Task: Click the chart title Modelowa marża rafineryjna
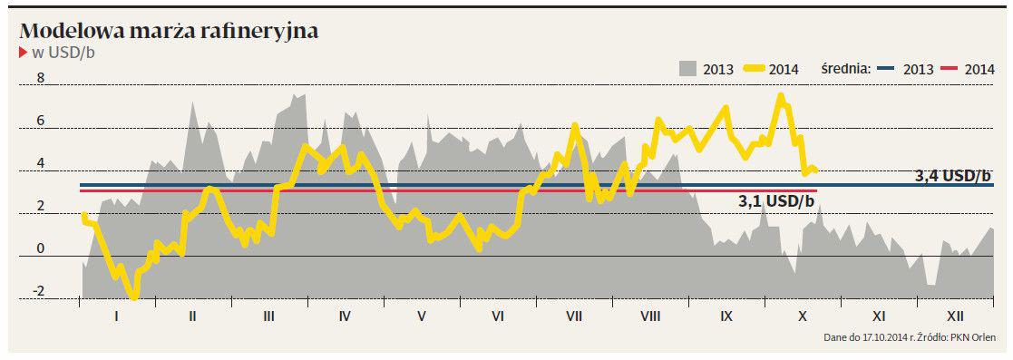(170, 31)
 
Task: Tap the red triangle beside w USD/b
(24, 53)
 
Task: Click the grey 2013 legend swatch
(688, 69)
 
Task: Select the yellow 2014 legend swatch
(754, 69)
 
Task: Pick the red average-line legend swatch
(949, 69)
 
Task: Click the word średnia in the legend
(846, 69)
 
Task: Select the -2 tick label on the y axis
(38, 291)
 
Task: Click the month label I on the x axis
(116, 316)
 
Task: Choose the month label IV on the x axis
(345, 316)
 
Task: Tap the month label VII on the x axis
(574, 316)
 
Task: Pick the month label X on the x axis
(803, 316)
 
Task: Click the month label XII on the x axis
(955, 316)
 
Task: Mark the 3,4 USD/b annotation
(953, 176)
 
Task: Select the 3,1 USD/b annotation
(776, 201)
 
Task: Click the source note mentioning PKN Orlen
(910, 338)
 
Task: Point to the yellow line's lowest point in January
(133, 297)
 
